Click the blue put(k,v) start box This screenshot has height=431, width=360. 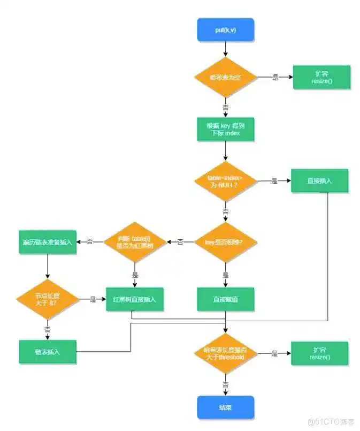[225, 30]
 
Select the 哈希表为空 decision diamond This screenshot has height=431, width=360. [225, 77]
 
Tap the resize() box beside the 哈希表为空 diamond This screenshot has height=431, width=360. [321, 77]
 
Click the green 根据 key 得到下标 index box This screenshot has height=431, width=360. [225, 129]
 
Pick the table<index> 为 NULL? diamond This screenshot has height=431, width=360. [225, 181]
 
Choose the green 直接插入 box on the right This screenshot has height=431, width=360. [320, 181]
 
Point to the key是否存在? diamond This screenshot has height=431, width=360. [225, 242]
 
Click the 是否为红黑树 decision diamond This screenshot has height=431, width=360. [134, 242]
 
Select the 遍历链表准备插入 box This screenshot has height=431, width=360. [47, 242]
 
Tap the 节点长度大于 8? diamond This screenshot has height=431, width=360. [48, 299]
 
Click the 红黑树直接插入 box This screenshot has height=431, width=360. [135, 299]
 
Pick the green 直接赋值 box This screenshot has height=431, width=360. [225, 300]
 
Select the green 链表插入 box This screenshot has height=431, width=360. [48, 352]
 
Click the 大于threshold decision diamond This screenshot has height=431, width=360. [225, 353]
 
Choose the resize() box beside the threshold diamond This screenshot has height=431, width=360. [319, 353]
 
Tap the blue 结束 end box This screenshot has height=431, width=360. [225, 407]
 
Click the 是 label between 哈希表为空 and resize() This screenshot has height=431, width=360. [275, 78]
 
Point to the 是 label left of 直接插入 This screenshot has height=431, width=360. [274, 182]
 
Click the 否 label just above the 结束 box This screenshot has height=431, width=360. [225, 384]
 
